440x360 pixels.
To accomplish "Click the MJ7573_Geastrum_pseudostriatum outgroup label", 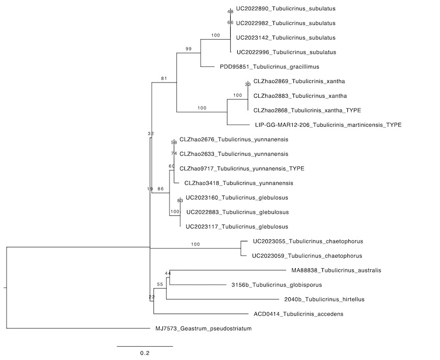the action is pyautogui.click(x=203, y=328).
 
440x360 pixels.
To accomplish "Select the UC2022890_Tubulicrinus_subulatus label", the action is pyautogui.click(x=286, y=9).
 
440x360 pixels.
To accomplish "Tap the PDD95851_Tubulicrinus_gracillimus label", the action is pyautogui.click(x=269, y=67).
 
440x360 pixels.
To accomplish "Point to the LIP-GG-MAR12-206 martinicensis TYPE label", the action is pyautogui.click(x=328, y=125).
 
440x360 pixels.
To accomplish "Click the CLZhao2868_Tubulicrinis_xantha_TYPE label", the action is pyautogui.click(x=307, y=110).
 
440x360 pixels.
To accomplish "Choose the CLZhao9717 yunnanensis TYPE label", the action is pyautogui.click(x=242, y=169).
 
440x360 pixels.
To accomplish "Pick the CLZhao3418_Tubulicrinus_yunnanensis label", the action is pyautogui.click(x=238, y=183).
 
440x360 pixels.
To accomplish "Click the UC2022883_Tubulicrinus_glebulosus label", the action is pyautogui.click(x=237, y=212).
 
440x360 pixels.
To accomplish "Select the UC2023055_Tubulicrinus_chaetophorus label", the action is pyautogui.click(x=308, y=241).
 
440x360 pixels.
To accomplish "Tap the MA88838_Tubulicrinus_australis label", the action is pyautogui.click(x=336, y=270).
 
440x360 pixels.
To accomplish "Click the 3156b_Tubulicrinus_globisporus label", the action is pyautogui.click(x=277, y=285).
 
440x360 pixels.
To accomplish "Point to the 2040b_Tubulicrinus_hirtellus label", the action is pyautogui.click(x=324, y=299).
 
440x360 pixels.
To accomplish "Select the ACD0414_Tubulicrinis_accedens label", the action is pyautogui.click(x=298, y=314).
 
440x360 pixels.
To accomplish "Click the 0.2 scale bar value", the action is pyautogui.click(x=145, y=353).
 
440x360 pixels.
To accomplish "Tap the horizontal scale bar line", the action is pyautogui.click(x=145, y=347).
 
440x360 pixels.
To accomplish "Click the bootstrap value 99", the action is pyautogui.click(x=188, y=49).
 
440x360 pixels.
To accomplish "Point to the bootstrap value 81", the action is pyautogui.click(x=164, y=78).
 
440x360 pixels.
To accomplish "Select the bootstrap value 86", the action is pyautogui.click(x=160, y=189).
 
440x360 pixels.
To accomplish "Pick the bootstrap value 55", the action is pyautogui.click(x=160, y=284).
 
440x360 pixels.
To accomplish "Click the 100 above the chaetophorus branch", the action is pyautogui.click(x=196, y=244).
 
